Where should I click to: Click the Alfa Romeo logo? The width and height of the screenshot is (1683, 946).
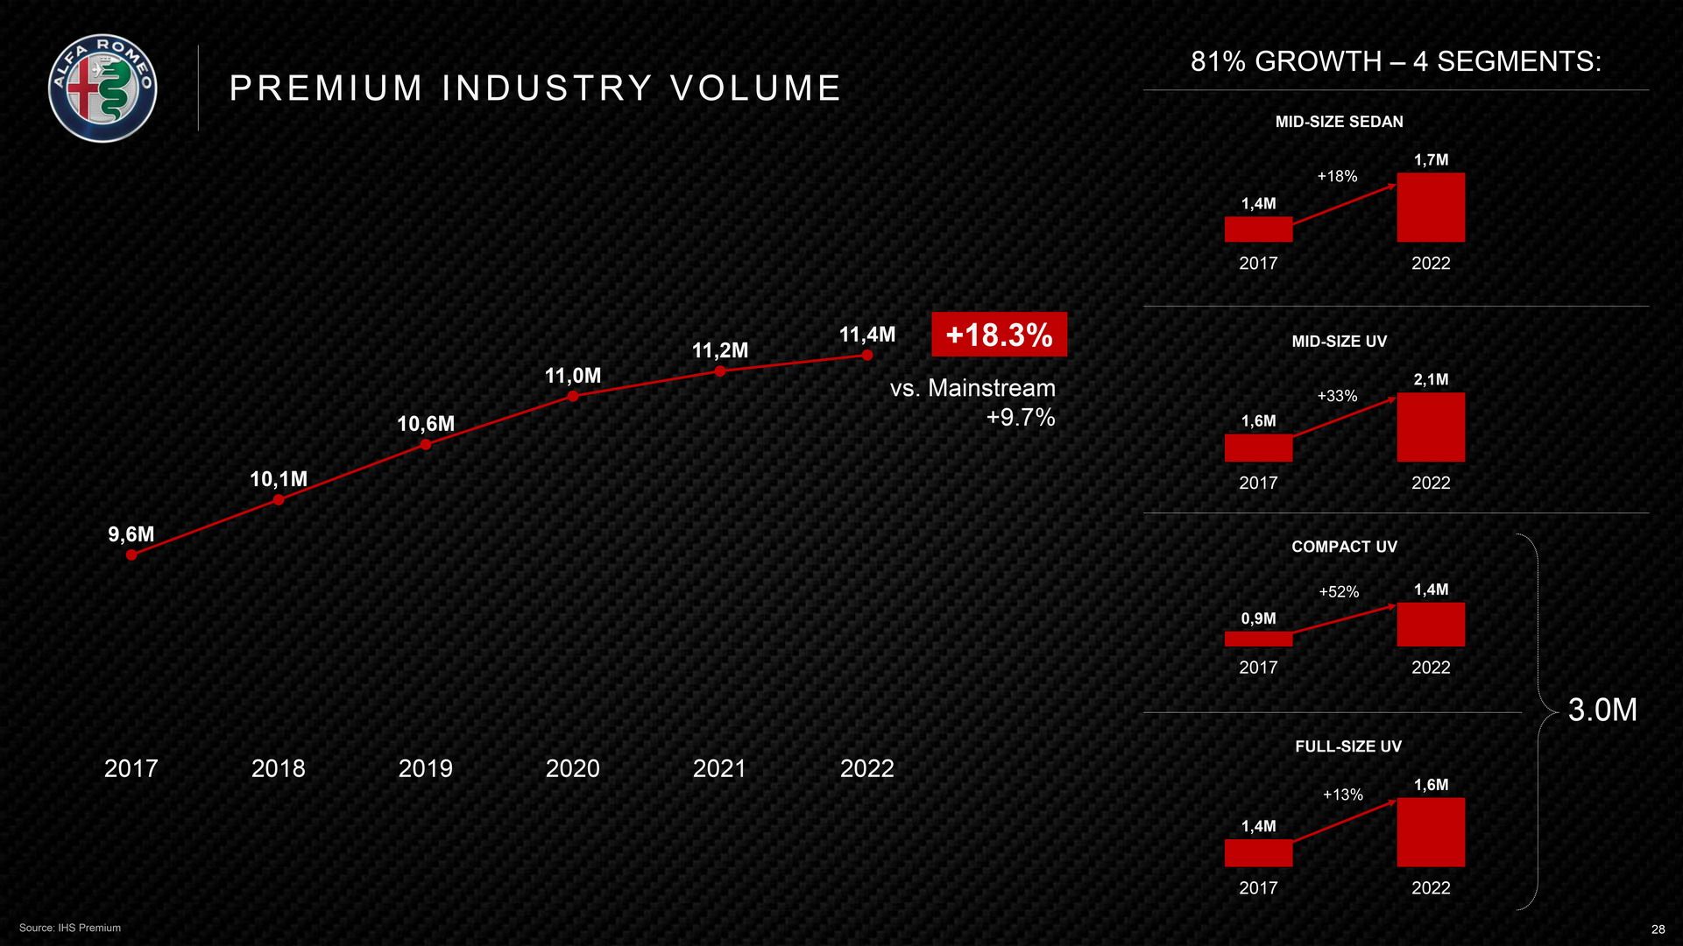click(103, 88)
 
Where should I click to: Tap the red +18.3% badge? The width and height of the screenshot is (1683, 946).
click(999, 335)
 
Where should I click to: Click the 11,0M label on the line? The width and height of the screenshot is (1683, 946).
click(573, 376)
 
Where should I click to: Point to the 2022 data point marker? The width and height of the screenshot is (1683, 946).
click(867, 355)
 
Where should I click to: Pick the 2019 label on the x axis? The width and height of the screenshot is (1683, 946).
click(425, 768)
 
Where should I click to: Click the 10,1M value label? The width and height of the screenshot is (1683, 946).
click(279, 479)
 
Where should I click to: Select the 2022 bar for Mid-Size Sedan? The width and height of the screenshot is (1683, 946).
click(1431, 208)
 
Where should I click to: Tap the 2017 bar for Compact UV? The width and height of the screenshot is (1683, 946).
click(1258, 639)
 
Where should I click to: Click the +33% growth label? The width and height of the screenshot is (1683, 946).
click(1337, 396)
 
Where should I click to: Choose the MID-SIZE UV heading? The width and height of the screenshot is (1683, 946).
click(1339, 342)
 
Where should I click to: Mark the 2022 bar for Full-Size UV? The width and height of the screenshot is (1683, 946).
click(1431, 832)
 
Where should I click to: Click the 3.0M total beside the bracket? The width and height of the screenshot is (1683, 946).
click(1602, 709)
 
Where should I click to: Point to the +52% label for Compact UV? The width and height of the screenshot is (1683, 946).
click(1339, 592)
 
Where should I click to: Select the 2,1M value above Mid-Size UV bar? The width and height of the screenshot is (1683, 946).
click(1431, 379)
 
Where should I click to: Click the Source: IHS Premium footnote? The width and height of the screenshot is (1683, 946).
click(70, 928)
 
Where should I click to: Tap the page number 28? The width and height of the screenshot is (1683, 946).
click(1658, 929)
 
